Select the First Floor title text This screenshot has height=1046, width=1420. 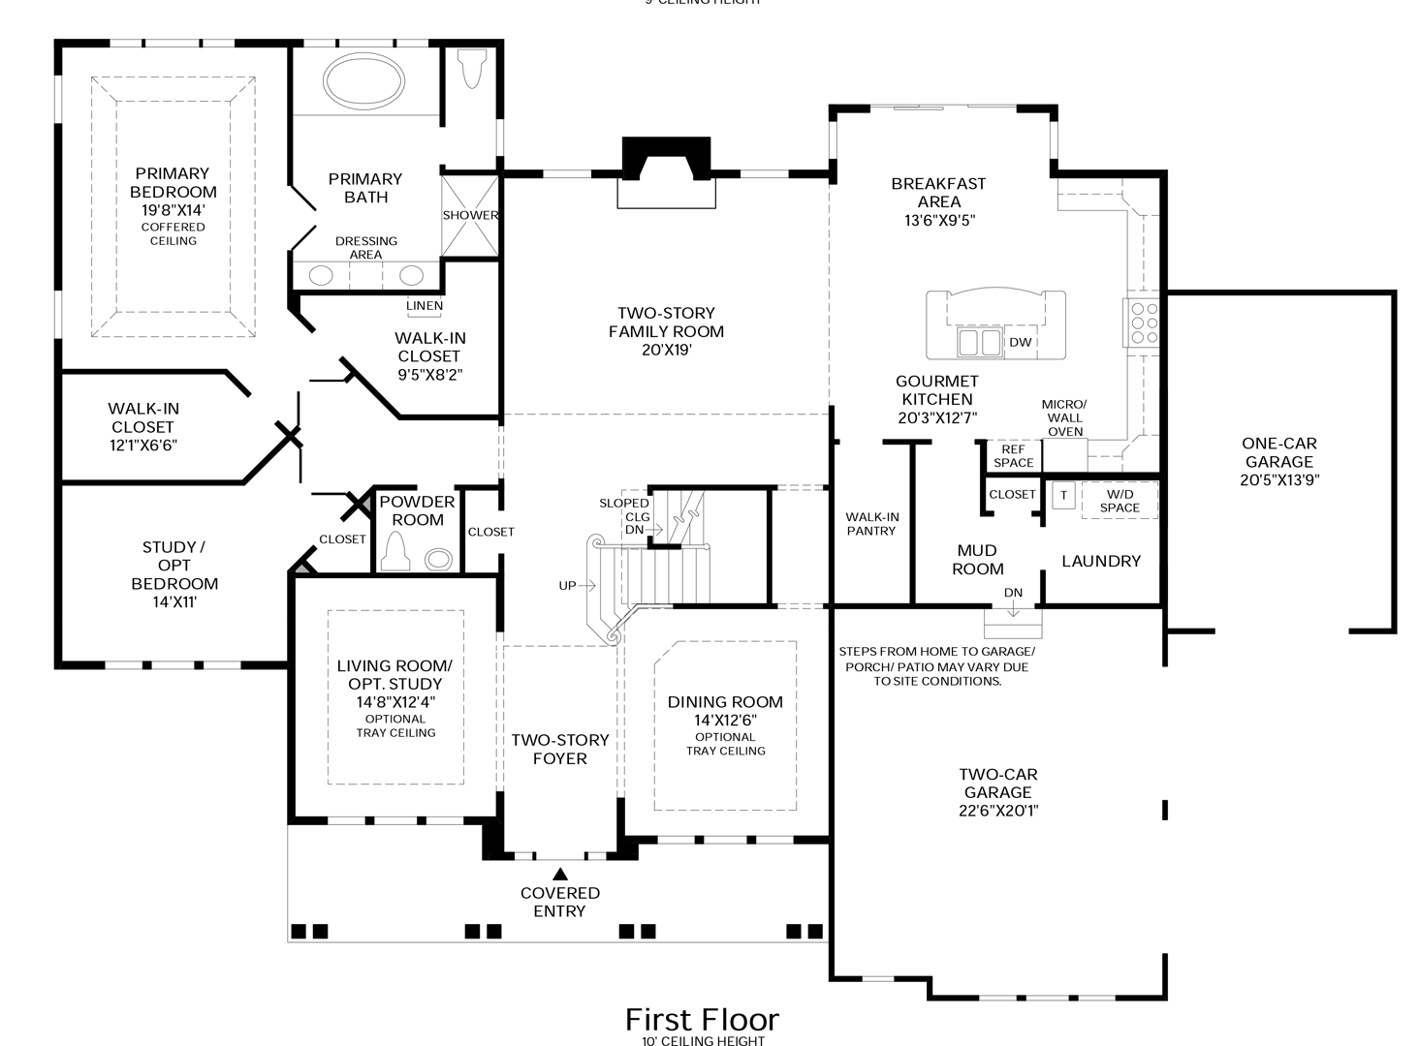[x=702, y=1019]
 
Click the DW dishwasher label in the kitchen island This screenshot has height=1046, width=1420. [x=1020, y=342]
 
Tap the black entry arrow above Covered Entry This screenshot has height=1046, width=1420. [x=560, y=875]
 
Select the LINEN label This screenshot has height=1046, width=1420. [x=425, y=306]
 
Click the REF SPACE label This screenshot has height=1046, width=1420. [x=1013, y=456]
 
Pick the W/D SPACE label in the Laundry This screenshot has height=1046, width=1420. [x=1120, y=501]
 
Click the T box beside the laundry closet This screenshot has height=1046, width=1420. [x=1063, y=495]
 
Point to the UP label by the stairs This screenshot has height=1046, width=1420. [x=568, y=585]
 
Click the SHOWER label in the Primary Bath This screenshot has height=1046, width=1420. [x=470, y=215]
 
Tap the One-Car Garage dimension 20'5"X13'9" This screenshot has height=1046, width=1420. [x=1279, y=479]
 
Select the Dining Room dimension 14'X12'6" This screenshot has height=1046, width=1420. [x=725, y=720]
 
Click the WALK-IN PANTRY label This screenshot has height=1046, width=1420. [x=871, y=524]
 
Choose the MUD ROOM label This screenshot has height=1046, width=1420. [x=977, y=560]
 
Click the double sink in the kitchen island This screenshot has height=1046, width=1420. [x=979, y=342]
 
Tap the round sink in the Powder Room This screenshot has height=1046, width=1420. [x=438, y=559]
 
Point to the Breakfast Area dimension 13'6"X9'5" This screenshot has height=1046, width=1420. [x=938, y=220]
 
